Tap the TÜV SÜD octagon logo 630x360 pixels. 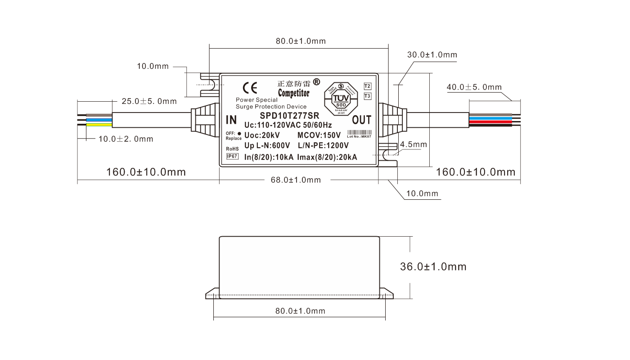[341, 98]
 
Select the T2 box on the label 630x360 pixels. [367, 86]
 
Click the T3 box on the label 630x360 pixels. [367, 96]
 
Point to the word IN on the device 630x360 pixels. [231, 120]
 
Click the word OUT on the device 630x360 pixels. [361, 120]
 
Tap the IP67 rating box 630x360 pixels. [232, 156]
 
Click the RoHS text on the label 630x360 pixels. [232, 148]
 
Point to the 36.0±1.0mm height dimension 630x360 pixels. [433, 266]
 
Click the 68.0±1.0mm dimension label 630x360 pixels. [296, 180]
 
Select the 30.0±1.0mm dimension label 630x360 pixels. [432, 55]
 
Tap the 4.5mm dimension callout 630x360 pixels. [413, 144]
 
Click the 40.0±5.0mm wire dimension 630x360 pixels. [474, 87]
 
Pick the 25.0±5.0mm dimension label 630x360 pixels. [149, 101]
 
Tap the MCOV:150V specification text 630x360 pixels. [319, 135]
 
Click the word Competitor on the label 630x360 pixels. [293, 93]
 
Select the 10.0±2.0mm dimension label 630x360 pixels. [126, 139]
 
